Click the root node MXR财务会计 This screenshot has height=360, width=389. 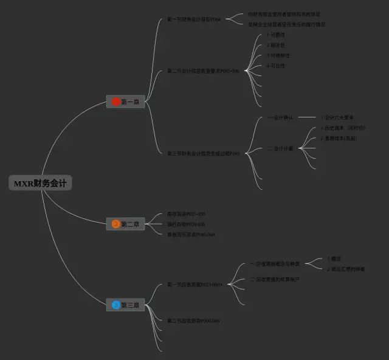[41, 183]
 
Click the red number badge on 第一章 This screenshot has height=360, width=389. [115, 102]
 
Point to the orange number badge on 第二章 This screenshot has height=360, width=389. [115, 224]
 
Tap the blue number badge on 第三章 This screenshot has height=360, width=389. [115, 305]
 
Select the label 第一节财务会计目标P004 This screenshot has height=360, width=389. [193, 19]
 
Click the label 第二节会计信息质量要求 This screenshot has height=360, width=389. [203, 71]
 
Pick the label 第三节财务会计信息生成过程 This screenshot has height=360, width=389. [203, 153]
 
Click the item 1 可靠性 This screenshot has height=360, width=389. [276, 35]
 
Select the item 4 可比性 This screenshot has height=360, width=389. [276, 66]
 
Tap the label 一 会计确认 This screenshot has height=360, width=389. [280, 117]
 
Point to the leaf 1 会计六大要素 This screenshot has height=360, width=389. [337, 117]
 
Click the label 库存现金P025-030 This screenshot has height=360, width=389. [186, 214]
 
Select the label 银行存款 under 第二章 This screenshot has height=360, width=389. [186, 224]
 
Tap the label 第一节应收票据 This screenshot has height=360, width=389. [194, 285]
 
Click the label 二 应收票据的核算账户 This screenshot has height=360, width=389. [275, 279]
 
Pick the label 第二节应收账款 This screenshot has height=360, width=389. [193, 320]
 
